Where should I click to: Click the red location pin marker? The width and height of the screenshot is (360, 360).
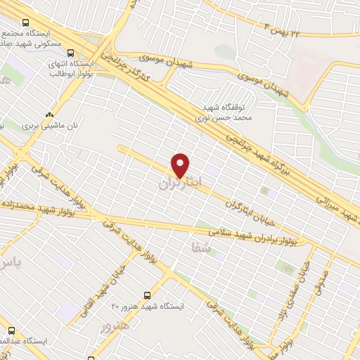(180, 165)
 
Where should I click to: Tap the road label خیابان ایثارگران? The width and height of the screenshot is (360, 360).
(246, 210)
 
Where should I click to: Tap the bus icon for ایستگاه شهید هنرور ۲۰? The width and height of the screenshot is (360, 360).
(147, 296)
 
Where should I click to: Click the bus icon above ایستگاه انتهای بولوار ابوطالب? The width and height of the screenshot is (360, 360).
(71, 53)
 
